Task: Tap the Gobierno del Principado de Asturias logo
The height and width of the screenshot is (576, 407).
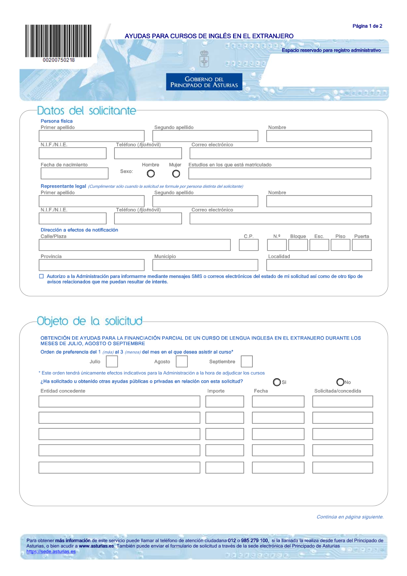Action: (204, 82)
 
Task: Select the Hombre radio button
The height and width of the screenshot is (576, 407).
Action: (151, 174)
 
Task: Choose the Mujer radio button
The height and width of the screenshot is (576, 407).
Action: (176, 174)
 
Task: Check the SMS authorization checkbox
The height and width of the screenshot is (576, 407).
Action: (41, 276)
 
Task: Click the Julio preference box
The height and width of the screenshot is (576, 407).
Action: (112, 361)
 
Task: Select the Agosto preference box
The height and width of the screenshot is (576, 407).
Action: (182, 361)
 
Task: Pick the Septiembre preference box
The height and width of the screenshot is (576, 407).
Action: (247, 361)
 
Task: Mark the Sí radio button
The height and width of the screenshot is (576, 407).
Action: (277, 382)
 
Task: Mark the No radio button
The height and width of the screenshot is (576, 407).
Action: (340, 382)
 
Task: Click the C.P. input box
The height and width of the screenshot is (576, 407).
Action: (249, 245)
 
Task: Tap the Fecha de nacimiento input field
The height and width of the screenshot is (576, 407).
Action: (74, 173)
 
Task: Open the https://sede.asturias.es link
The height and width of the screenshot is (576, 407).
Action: (51, 552)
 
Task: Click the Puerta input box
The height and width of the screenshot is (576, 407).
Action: (361, 245)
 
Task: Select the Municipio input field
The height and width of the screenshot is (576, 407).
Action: (205, 265)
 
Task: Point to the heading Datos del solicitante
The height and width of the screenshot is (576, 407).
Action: (86, 111)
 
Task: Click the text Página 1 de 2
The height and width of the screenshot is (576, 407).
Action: (367, 26)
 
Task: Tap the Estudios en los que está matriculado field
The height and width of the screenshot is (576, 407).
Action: (280, 173)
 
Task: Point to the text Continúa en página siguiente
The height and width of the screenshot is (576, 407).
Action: (350, 517)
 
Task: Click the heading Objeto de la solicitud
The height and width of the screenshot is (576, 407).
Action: (90, 321)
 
